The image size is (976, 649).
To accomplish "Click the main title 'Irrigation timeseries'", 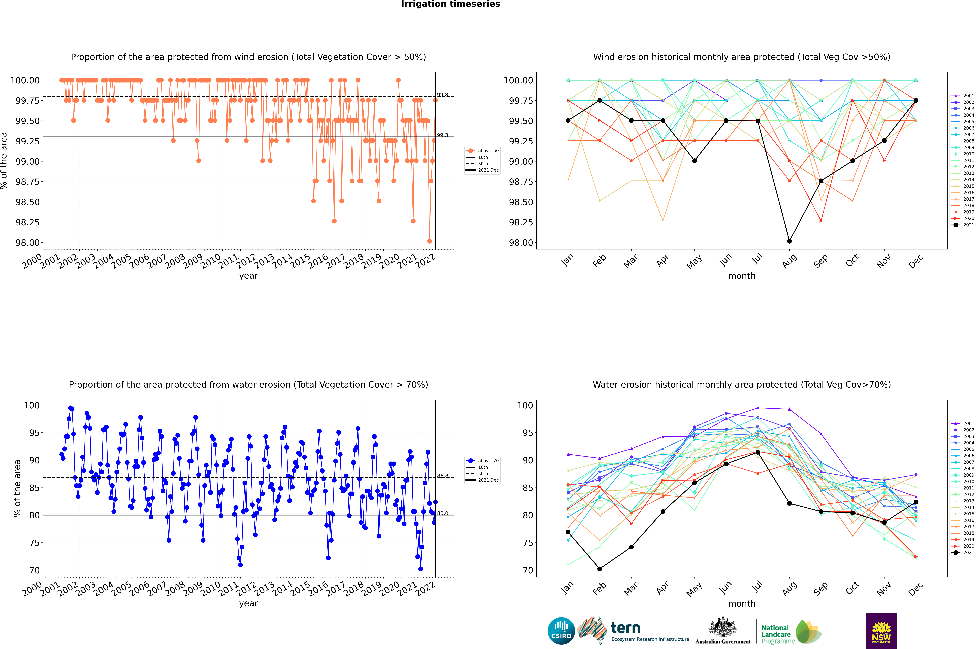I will [451, 4].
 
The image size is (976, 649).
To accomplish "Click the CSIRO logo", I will [561, 631].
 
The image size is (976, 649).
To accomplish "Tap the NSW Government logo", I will [881, 631].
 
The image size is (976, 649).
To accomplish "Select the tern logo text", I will [626, 628].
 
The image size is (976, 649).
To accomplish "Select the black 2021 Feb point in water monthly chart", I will [600, 569].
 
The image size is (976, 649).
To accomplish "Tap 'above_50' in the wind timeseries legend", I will [488, 151].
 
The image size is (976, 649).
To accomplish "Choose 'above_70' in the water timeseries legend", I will [488, 461].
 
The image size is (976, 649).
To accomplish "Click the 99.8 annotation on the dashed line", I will [442, 95].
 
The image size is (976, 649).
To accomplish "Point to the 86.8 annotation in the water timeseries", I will [442, 476].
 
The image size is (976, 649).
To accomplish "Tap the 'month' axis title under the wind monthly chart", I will [741, 276].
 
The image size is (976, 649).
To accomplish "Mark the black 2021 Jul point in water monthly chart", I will [758, 452].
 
